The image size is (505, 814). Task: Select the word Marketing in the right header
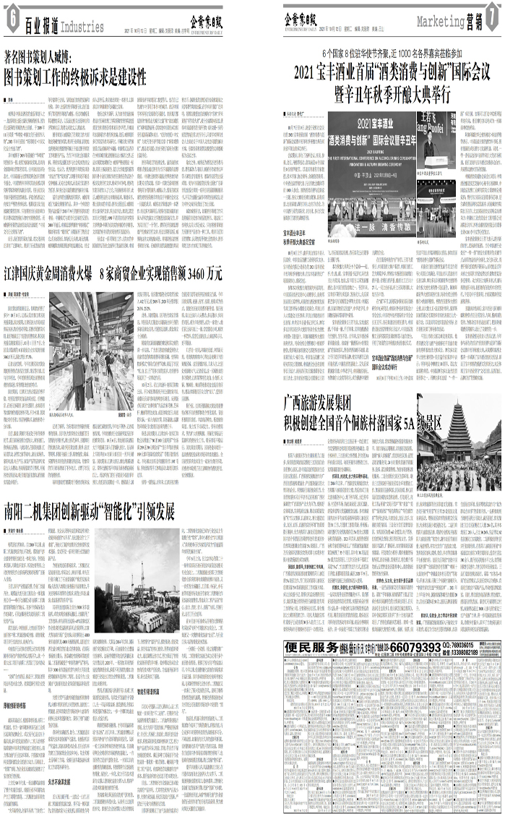pos(440,21)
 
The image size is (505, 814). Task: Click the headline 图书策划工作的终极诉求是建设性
pos(86,76)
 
